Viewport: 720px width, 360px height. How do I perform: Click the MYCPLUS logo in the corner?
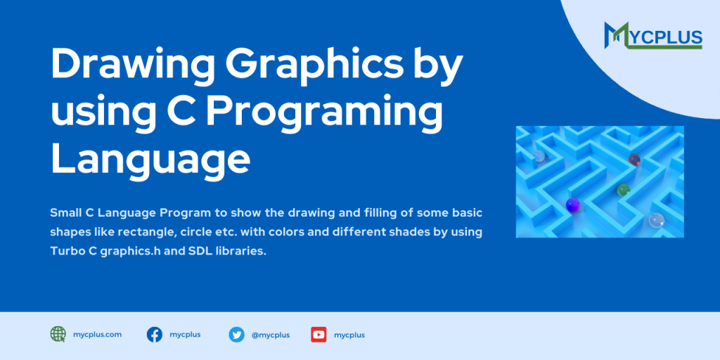[x=653, y=34]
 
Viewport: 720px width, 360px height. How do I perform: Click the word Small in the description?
[x=67, y=212]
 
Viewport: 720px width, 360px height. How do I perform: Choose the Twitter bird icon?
[x=236, y=335]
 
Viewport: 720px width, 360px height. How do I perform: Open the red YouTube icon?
[x=319, y=335]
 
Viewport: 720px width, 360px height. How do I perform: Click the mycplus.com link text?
[x=97, y=335]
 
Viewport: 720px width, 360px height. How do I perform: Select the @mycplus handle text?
[x=270, y=335]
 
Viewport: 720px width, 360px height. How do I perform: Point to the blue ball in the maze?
[x=573, y=205]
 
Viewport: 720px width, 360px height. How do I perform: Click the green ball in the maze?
[x=623, y=189]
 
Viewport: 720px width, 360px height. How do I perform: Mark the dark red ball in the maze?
[x=634, y=159]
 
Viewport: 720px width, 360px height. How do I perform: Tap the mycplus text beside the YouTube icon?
[x=349, y=335]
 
